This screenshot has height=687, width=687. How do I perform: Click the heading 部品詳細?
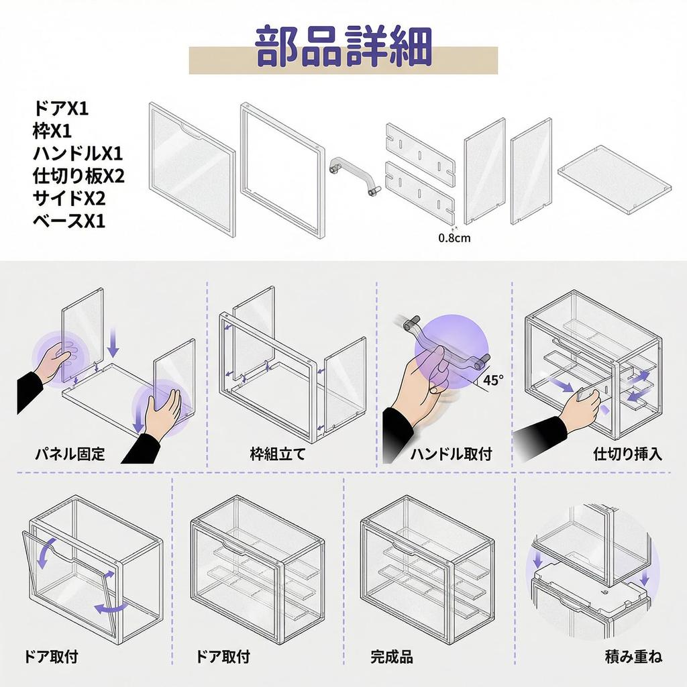343,47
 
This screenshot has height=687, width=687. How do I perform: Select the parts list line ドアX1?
61,108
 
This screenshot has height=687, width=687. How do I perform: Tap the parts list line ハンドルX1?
78,154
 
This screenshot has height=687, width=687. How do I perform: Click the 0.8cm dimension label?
454,237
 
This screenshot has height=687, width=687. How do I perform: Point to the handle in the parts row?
354,174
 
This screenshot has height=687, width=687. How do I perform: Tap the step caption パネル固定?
70,454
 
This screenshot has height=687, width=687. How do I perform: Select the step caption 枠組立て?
277,454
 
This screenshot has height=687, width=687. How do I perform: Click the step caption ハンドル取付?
451,454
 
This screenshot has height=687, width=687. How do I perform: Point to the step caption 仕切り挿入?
628,454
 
